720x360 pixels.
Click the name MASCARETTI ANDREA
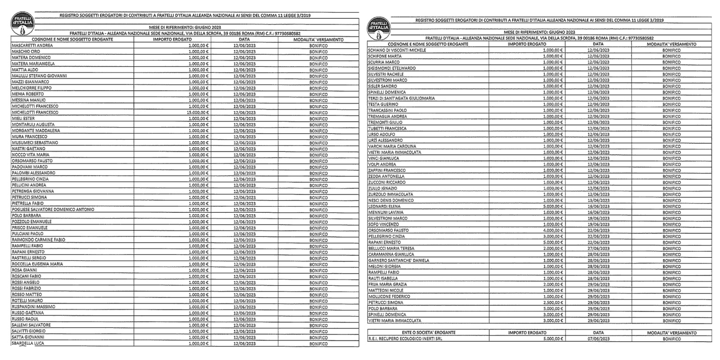[x=32, y=45]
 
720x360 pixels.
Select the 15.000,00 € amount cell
[x=197, y=112]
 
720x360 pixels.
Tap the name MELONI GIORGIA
[x=384, y=266]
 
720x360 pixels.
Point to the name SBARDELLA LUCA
[x=28, y=343]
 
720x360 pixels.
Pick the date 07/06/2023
[x=598, y=338]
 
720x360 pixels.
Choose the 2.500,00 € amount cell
[x=553, y=303]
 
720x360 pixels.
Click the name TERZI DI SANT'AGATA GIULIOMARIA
[x=401, y=98]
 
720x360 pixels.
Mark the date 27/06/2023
[x=598, y=248]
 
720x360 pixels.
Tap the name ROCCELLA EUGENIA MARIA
[x=37, y=264]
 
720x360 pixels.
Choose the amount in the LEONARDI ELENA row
[x=553, y=206]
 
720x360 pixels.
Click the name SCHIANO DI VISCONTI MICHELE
[x=397, y=50]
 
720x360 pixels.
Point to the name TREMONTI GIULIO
[x=385, y=122]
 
